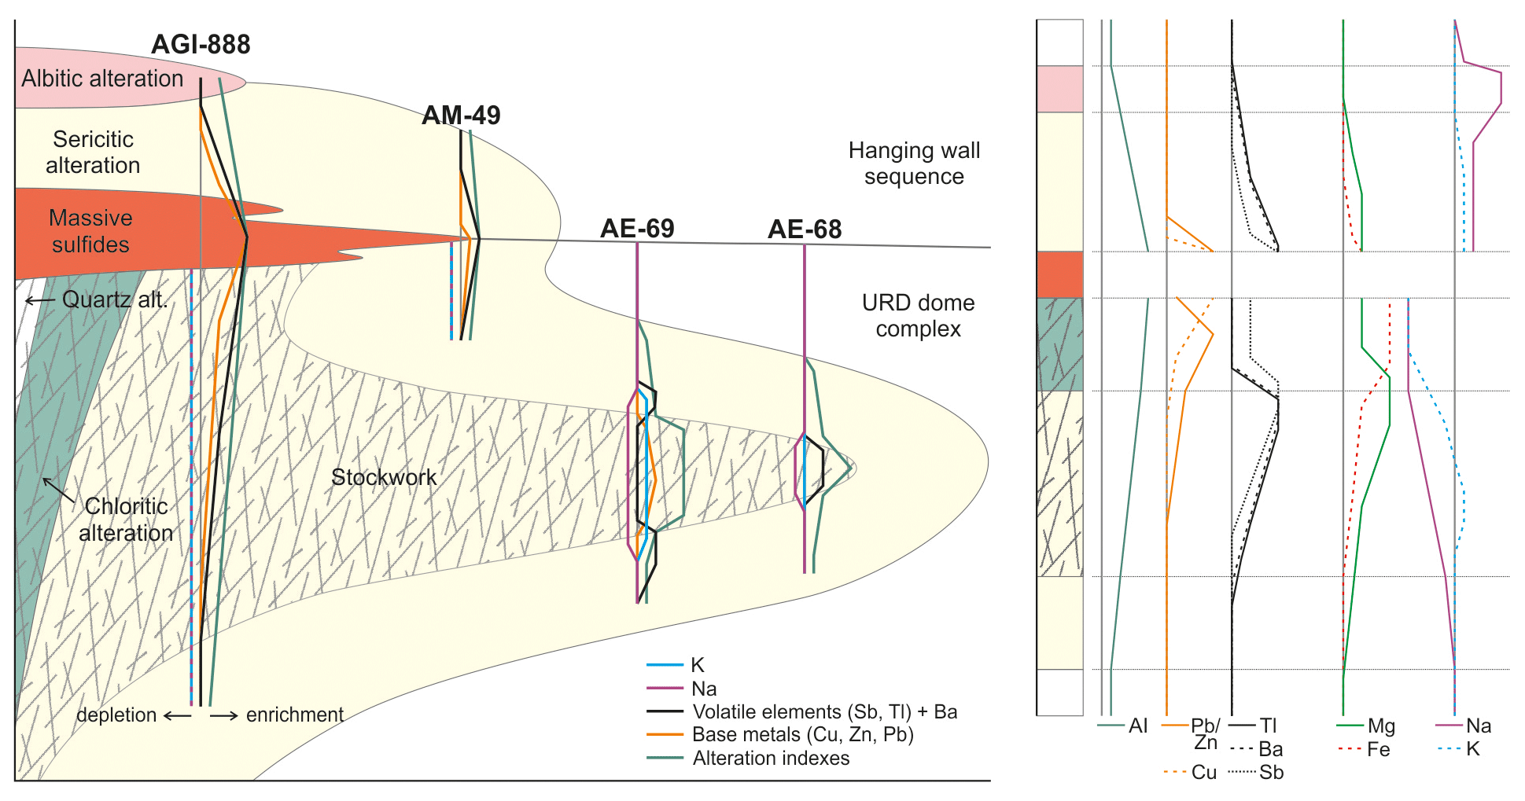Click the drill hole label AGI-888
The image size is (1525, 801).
201,45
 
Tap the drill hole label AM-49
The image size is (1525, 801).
461,116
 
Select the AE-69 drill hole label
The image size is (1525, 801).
637,229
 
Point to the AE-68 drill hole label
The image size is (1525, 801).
805,230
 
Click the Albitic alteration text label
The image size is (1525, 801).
102,79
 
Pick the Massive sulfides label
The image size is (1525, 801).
90,231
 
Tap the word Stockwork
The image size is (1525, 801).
384,477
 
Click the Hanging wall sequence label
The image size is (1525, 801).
914,164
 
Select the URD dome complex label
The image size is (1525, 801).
918,315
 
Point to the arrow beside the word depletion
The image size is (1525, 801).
177,716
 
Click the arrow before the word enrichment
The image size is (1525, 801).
223,716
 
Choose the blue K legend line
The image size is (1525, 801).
665,665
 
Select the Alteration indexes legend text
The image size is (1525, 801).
771,759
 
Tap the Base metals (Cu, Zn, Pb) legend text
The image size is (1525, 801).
803,735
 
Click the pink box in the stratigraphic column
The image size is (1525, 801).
1059,89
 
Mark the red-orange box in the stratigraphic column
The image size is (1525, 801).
1059,274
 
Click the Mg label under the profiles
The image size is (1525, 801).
1381,726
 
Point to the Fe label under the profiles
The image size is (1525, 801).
1378,750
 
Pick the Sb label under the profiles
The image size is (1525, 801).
1271,773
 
